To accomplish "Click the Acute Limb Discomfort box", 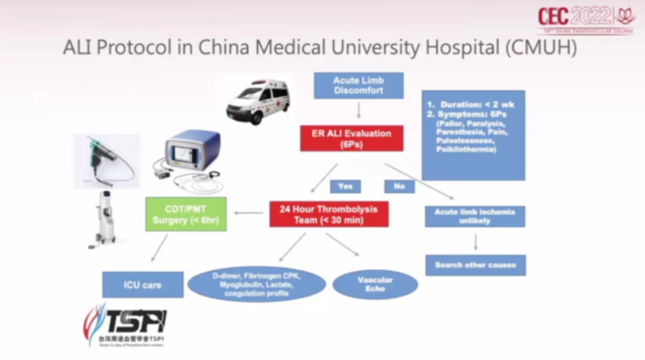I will [x=358, y=85].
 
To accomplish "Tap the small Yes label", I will [x=345, y=186].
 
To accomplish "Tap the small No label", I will [x=399, y=186].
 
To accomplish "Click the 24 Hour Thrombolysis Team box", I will [x=329, y=214].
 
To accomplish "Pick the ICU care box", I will [x=143, y=285].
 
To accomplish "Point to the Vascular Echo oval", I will [x=375, y=284].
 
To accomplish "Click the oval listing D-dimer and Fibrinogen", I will [x=257, y=285].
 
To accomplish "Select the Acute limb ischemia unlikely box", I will [x=475, y=216].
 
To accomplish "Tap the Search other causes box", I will [x=475, y=264].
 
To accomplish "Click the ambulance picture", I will [x=258, y=101].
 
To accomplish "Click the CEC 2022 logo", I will [x=586, y=18].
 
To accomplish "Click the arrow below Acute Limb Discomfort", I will [x=358, y=110].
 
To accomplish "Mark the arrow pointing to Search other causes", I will [x=475, y=241].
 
